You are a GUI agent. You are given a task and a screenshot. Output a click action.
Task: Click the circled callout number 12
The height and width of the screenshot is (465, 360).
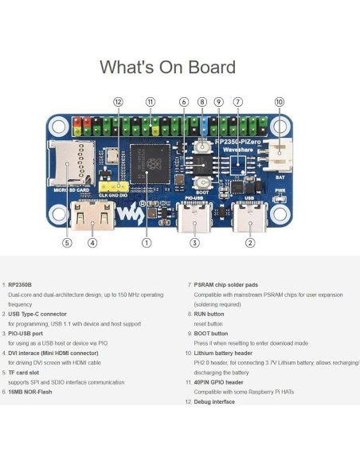[x=118, y=102]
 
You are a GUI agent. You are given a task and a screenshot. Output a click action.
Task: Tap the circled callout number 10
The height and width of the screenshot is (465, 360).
[x=279, y=102]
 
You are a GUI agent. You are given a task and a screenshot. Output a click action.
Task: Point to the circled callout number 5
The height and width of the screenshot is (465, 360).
[x=67, y=243]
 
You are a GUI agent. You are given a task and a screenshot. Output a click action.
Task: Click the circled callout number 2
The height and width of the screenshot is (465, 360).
[x=250, y=243]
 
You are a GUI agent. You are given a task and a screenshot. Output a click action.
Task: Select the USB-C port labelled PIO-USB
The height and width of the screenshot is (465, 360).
[x=194, y=217]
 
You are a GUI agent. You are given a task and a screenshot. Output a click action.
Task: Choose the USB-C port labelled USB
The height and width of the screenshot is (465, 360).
[x=249, y=217]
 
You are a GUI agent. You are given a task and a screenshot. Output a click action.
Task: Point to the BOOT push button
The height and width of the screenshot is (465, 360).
[x=202, y=184]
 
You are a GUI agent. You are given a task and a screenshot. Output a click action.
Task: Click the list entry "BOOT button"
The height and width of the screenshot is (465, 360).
[x=209, y=334]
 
